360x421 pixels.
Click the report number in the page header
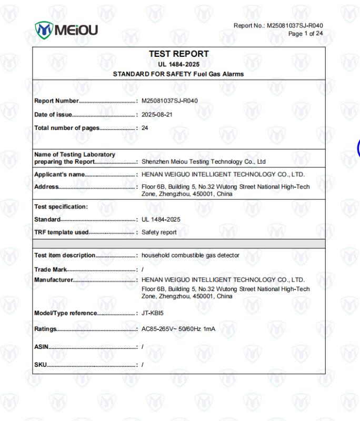278,25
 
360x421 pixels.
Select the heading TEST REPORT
179,54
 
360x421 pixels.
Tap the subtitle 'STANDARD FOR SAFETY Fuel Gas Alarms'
178,74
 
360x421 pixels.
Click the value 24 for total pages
145,127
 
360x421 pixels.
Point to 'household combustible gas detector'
190,255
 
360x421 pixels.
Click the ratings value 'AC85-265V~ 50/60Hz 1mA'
178,329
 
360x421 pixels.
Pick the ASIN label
42,346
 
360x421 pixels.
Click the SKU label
41,364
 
